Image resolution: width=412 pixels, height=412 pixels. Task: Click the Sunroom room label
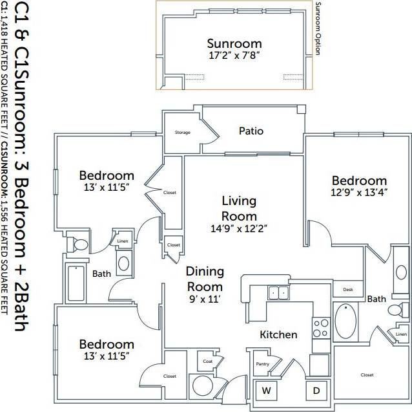coord(234,43)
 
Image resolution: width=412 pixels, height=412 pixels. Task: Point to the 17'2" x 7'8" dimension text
coord(234,56)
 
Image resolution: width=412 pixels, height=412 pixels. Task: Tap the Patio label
coord(251,131)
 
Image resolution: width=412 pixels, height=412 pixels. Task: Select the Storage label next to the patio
coord(183,133)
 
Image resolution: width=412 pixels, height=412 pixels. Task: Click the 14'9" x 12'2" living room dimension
coord(239,228)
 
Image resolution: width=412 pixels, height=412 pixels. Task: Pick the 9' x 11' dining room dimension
coord(205,299)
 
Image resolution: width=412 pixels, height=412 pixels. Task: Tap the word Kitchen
coord(278,334)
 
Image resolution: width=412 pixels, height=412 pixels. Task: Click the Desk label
coord(348,290)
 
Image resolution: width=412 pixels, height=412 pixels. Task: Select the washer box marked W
coord(265,390)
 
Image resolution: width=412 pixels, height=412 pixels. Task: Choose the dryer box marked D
coord(316,390)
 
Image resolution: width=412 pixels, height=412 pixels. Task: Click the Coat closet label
coord(207,361)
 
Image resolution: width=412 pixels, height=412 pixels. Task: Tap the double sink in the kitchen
coord(279,293)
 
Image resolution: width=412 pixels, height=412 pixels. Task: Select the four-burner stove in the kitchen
coord(321,328)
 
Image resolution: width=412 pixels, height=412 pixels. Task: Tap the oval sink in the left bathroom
coord(124,264)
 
